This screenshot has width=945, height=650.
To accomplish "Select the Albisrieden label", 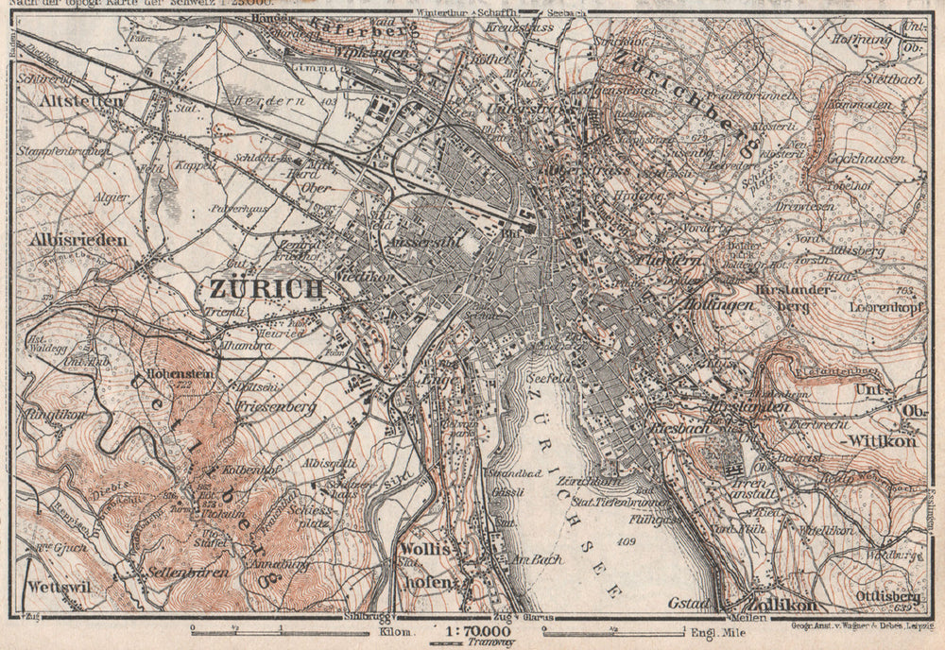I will [79, 240].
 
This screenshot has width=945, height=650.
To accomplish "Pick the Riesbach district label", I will [673, 428].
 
